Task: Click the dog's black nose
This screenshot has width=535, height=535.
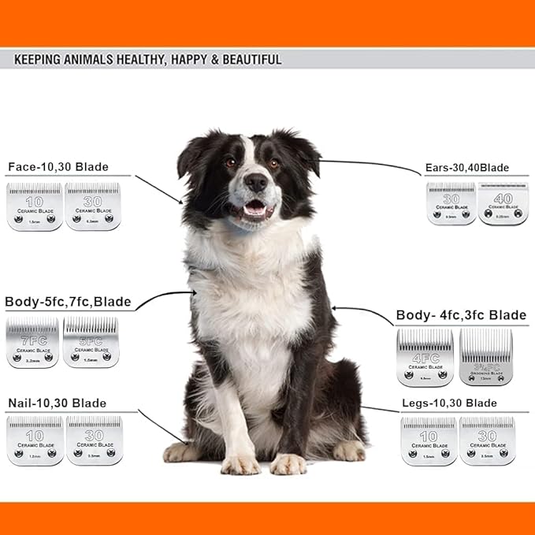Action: coord(256,183)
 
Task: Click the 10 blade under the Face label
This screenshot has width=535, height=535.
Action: coord(35,206)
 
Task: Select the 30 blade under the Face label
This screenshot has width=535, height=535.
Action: coord(93,206)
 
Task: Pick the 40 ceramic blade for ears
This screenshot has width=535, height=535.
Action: coord(503,204)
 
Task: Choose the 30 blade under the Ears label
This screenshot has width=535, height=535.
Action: coord(451,204)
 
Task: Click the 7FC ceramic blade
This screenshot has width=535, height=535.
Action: coord(32,343)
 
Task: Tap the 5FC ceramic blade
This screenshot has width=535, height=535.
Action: coord(91,342)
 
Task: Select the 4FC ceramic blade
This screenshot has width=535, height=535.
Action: coord(425,357)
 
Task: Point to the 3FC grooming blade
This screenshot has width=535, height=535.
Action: coord(485,357)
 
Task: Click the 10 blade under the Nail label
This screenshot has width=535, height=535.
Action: coord(35,440)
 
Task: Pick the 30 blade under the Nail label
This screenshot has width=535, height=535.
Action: coord(94,440)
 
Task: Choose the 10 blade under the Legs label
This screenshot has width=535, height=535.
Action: coord(429,441)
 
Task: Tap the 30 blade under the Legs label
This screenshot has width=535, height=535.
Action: coord(487,441)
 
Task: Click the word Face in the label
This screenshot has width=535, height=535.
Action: coord(24,167)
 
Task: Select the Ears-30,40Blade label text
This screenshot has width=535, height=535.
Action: coord(466,168)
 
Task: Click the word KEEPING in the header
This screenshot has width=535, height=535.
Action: coord(39,59)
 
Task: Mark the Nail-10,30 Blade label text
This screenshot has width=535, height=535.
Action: coord(56,403)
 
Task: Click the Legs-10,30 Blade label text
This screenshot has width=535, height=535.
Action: coord(448,403)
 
